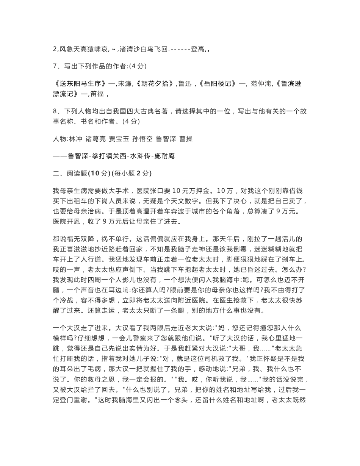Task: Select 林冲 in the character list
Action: click(75, 139)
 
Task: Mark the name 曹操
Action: click(186, 139)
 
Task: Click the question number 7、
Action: click(57, 66)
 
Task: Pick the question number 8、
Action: click(57, 111)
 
